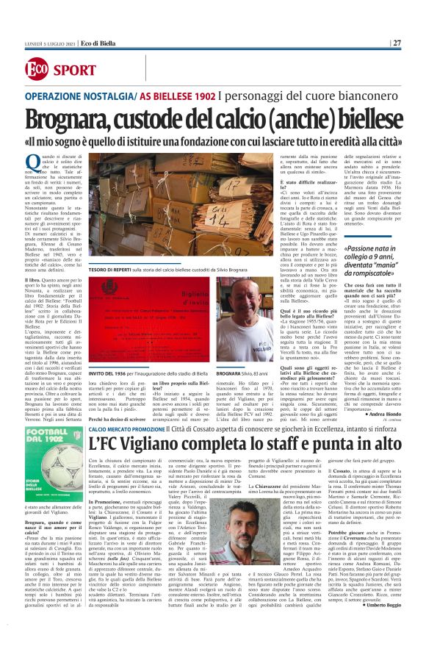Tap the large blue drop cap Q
tap(33, 164)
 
